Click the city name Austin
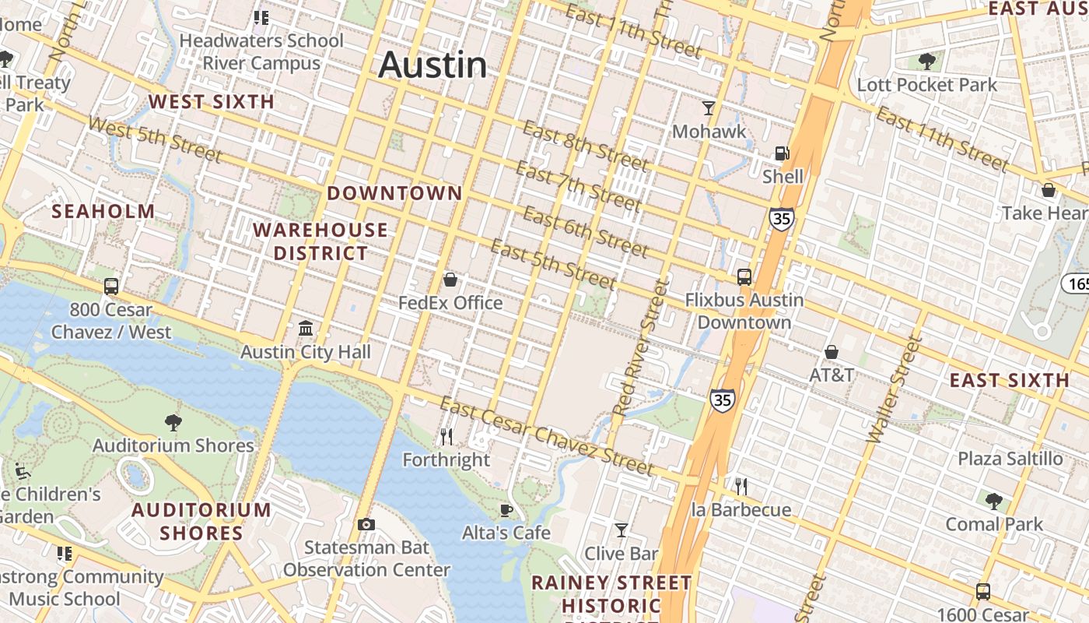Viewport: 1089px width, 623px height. [432, 65]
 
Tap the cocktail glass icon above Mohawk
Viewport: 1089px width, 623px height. [709, 107]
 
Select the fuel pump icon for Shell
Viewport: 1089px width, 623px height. [782, 154]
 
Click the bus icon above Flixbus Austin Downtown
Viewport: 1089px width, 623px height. [744, 276]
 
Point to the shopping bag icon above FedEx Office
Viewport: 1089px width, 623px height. [450, 280]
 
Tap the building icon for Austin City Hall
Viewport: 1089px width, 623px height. [306, 328]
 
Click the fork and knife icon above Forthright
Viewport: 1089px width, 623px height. [446, 436]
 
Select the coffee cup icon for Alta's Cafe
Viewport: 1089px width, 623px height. [506, 510]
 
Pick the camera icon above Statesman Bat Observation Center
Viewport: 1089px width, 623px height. [366, 524]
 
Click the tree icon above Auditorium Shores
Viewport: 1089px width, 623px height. [173, 422]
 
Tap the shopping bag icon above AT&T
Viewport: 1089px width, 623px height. [832, 352]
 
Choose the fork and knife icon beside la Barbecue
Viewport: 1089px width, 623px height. [741, 487]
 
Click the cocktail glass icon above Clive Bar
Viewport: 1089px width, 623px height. [621, 530]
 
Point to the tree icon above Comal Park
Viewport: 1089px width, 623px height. [993, 501]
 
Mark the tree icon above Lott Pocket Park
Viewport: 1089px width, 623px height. [926, 61]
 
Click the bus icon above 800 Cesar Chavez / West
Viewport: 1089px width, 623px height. [111, 286]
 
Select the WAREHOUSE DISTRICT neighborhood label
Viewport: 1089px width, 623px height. [320, 241]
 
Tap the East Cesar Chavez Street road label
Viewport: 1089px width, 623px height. [546, 437]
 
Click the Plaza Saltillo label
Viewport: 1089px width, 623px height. [1010, 459]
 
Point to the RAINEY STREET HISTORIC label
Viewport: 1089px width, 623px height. [611, 594]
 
